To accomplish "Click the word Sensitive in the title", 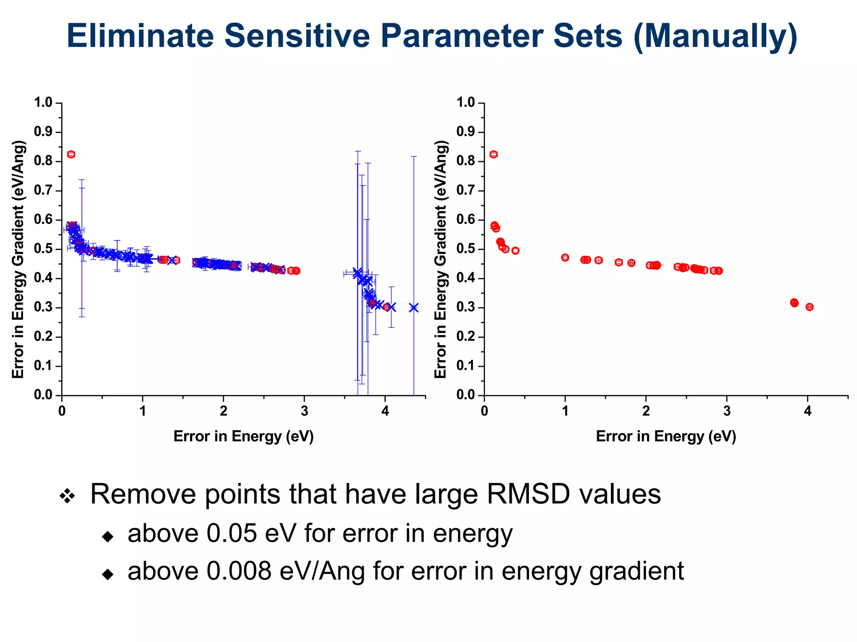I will tap(297, 36).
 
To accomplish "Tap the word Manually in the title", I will tap(716, 36).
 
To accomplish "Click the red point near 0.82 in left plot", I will tap(71, 154).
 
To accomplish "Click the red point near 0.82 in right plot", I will tap(494, 154).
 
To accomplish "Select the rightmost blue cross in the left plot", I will tap(414, 308).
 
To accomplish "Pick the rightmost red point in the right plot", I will tap(809, 307).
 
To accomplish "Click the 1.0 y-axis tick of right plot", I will tap(466, 103).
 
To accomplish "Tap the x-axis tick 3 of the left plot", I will tap(304, 411).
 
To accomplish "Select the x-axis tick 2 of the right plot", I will tap(646, 411).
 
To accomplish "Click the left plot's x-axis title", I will tap(244, 436).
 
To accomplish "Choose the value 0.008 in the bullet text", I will tap(239, 571).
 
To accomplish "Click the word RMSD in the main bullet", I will tap(528, 494).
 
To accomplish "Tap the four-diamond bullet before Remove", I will tap(67, 496).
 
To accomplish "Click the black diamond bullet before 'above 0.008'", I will tap(108, 574).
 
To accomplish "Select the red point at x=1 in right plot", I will tap(565, 257).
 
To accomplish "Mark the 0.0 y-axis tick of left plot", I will tap(43, 395).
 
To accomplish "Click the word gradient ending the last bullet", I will tap(636, 571).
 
